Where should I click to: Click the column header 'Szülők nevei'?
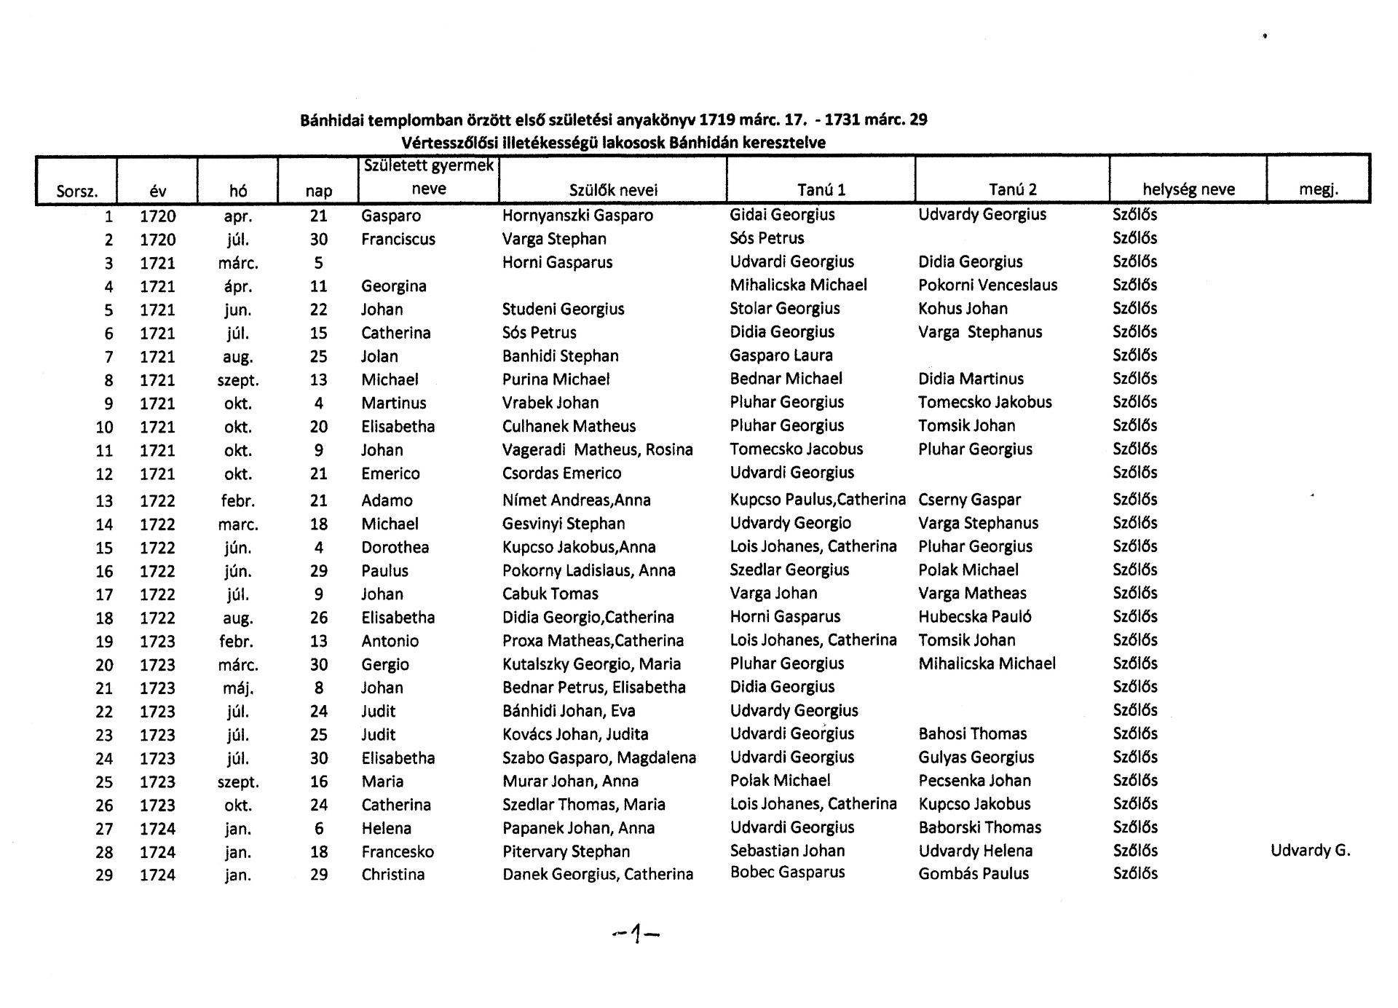[612, 190]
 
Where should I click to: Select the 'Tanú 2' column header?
[1012, 189]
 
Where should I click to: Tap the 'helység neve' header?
[1188, 189]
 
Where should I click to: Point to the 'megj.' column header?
[1319, 190]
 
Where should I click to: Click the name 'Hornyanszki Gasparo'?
[577, 216]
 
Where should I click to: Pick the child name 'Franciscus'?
[398, 239]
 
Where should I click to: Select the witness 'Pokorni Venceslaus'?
[987, 286]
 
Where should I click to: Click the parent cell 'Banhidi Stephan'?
[560, 356]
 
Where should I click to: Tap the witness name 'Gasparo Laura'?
[781, 355]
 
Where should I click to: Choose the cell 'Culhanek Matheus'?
[569, 426]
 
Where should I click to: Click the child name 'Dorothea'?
[395, 548]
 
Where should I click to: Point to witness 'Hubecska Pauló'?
[974, 617]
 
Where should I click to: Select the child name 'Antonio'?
[390, 641]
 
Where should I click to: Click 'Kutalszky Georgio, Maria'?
[591, 664]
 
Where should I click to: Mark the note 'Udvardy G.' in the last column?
[1310, 850]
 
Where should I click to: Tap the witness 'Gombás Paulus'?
[974, 874]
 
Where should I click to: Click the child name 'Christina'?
[392, 875]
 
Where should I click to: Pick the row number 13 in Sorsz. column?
[104, 501]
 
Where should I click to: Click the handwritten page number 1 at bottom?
[636, 933]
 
